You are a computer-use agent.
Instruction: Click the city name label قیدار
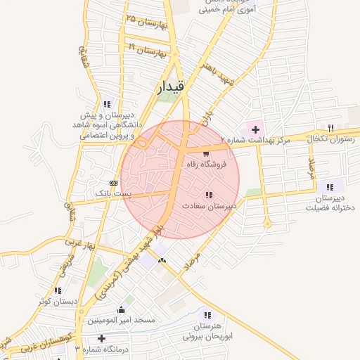tap(169, 86)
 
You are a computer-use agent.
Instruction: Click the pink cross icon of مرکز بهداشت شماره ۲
tap(255, 130)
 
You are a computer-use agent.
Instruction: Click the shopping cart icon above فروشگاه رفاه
tap(205, 154)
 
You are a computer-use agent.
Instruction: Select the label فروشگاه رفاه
tap(204, 164)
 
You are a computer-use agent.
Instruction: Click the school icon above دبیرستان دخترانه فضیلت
tap(329, 187)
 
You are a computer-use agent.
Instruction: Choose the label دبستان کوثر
tap(57, 301)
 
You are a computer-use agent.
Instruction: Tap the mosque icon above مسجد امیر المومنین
tap(121, 309)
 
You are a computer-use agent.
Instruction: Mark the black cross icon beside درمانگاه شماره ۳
tap(101, 339)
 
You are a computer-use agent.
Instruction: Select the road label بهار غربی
tap(79, 246)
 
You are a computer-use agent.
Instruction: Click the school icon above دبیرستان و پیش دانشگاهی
tap(107, 104)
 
